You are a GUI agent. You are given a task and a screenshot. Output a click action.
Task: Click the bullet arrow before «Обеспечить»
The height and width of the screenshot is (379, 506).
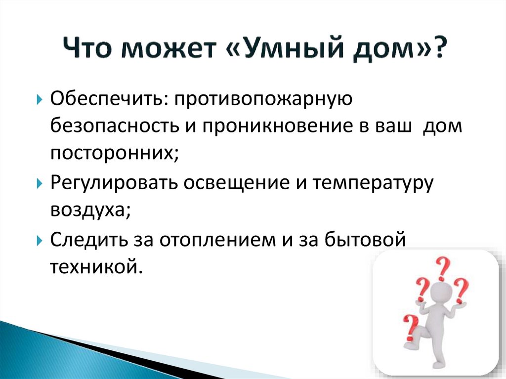[x=40, y=99]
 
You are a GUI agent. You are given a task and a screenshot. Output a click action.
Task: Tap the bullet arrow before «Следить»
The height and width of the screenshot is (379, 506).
[x=40, y=241]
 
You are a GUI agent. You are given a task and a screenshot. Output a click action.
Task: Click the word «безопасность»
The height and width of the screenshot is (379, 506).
[x=115, y=126]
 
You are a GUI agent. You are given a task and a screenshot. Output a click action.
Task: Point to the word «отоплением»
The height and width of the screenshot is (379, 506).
[x=217, y=241]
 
